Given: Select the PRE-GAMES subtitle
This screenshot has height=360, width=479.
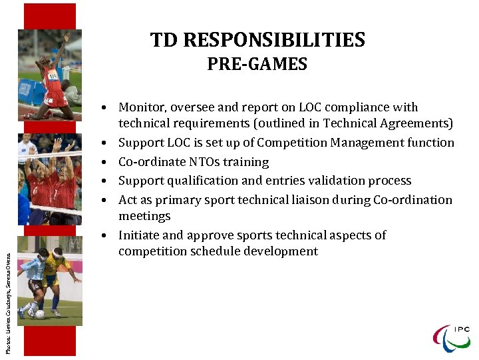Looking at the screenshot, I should tap(257, 64).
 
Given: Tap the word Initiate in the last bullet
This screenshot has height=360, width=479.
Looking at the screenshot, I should tap(138, 235).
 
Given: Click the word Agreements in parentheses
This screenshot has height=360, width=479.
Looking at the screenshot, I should tap(422, 123).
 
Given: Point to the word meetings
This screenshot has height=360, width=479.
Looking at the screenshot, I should tap(144, 216).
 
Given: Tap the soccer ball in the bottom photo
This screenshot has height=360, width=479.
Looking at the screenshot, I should tap(41, 313).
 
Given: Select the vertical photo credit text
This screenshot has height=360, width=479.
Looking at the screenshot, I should tap(8, 297).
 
